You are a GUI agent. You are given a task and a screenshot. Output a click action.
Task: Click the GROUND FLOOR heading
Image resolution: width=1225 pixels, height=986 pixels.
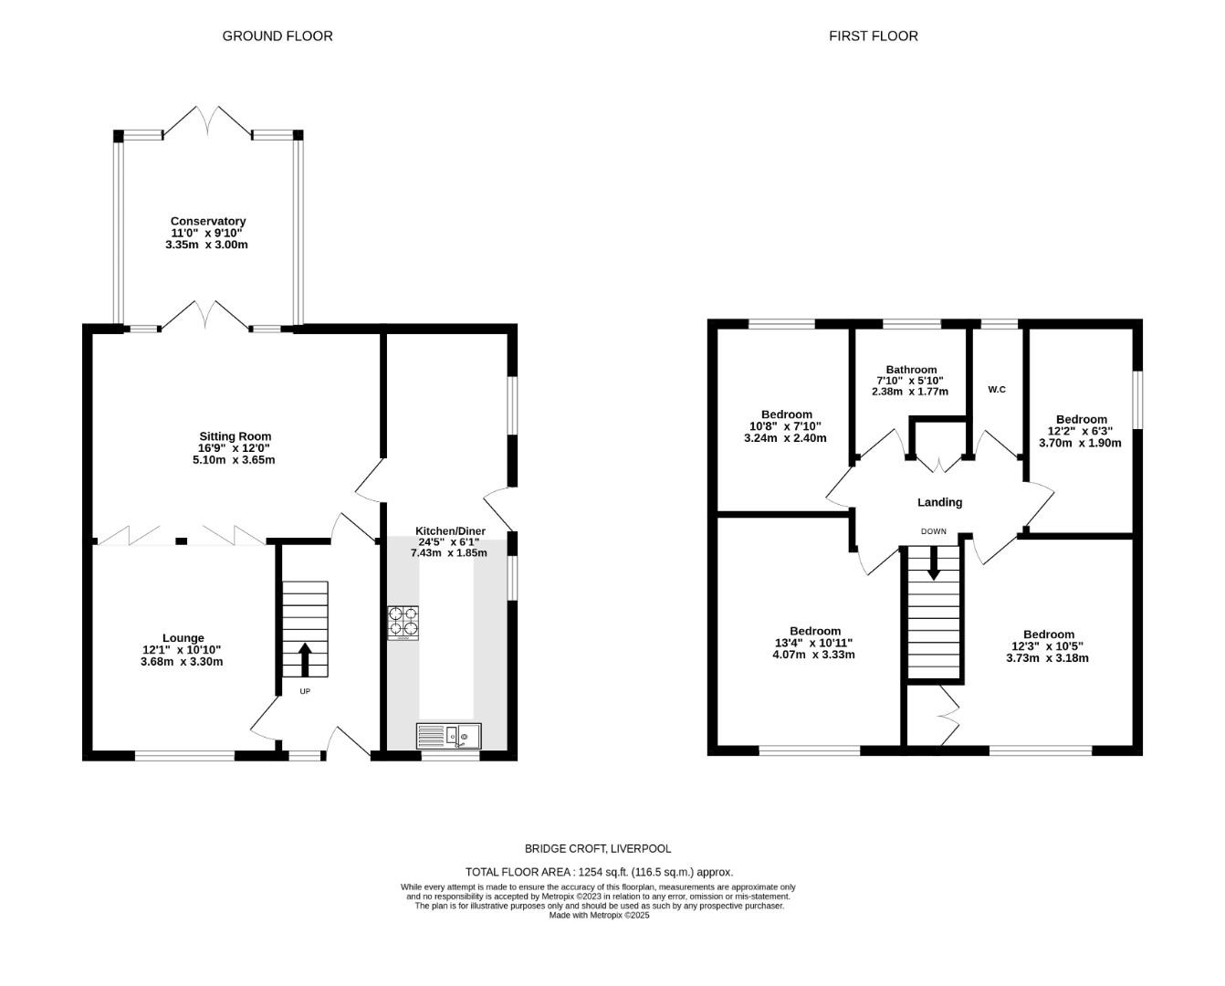(277, 36)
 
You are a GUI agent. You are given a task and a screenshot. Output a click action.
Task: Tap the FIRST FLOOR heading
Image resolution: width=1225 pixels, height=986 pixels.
(874, 36)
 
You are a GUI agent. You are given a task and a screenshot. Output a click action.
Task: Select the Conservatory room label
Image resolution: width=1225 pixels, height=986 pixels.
(208, 221)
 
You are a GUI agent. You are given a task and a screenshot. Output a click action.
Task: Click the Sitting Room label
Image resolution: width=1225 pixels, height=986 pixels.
(236, 436)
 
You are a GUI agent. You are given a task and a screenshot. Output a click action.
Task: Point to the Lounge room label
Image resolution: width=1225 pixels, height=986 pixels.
(183, 638)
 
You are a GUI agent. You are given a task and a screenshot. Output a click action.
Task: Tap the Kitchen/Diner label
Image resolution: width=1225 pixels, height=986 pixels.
(450, 530)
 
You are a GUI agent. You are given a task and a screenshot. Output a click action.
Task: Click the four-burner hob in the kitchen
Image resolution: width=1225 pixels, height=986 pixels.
(403, 623)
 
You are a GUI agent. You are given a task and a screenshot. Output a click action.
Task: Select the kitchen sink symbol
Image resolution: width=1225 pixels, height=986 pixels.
(448, 736)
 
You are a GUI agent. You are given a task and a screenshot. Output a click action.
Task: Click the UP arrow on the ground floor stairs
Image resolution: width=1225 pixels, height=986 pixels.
(305, 659)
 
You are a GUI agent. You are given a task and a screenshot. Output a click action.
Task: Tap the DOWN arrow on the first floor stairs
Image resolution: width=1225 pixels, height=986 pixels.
(934, 563)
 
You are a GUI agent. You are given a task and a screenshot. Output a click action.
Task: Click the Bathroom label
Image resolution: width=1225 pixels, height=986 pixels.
(911, 370)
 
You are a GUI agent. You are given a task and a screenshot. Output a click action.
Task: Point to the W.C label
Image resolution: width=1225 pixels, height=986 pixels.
(997, 390)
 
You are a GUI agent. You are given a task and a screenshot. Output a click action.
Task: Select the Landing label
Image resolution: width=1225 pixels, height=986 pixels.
(940, 502)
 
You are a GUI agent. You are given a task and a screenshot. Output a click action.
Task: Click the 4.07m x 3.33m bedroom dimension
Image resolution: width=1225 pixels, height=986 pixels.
(813, 655)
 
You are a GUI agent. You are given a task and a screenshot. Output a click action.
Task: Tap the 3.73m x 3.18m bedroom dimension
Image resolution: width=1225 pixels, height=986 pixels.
(1047, 658)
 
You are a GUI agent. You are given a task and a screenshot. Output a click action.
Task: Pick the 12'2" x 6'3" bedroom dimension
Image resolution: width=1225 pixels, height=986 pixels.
(1080, 431)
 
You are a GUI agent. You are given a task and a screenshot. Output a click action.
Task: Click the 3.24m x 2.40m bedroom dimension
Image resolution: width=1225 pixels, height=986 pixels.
(785, 438)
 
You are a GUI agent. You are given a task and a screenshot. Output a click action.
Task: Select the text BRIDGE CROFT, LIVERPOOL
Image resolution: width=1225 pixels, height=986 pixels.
(598, 848)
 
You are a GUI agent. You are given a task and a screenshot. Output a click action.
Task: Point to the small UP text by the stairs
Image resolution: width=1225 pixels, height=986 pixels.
(305, 691)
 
